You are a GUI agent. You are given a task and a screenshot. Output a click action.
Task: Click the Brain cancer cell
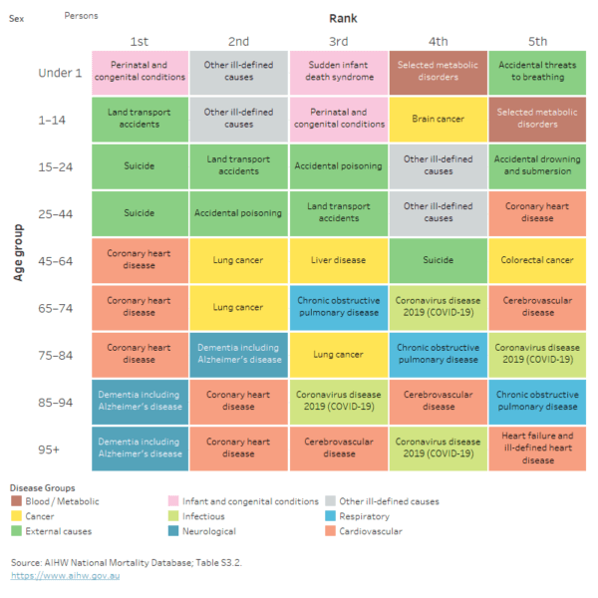[x=439, y=119]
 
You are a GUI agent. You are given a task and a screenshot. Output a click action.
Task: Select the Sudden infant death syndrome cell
[x=339, y=71]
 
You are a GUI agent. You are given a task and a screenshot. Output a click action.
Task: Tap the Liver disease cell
[x=339, y=260]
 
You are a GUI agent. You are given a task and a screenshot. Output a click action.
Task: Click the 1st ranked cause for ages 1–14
[x=140, y=119]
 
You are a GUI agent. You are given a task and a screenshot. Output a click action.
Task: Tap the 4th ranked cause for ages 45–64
[x=439, y=260]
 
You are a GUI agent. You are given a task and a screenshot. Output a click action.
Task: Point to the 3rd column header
[x=339, y=41]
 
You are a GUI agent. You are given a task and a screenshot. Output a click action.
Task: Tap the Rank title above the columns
[x=343, y=18]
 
